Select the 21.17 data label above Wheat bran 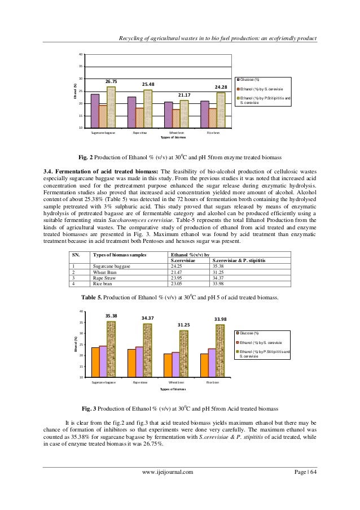click(x=185, y=95)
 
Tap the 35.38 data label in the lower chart click(x=111, y=316)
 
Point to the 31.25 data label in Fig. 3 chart click(x=185, y=325)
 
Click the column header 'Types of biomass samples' click(x=119, y=255)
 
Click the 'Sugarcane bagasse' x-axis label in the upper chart click(x=104, y=133)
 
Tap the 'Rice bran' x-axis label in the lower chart click(x=213, y=382)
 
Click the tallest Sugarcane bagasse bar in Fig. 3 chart click(x=111, y=349)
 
